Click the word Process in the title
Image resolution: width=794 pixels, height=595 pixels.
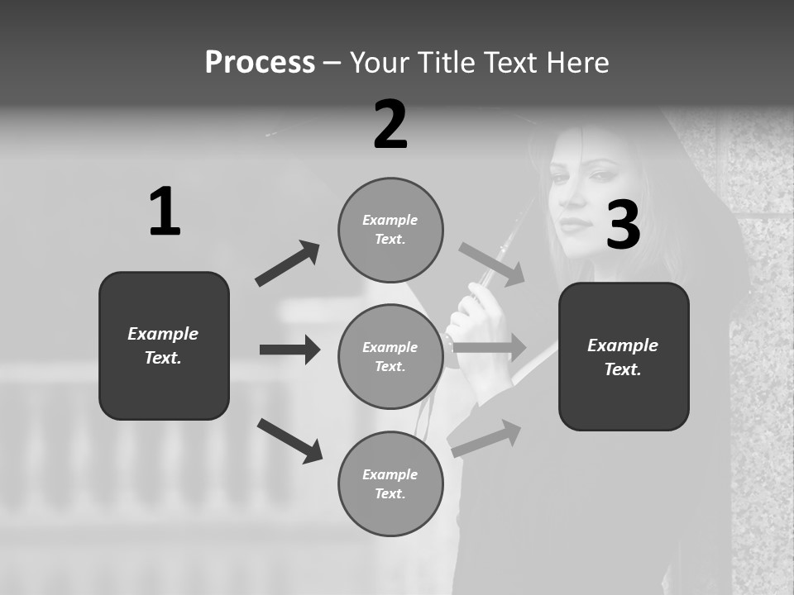pyautogui.click(x=260, y=63)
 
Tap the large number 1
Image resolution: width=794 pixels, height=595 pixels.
pyautogui.click(x=165, y=212)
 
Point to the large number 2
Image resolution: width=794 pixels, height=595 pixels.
pyautogui.click(x=390, y=125)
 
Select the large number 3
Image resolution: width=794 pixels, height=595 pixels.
pyautogui.click(x=623, y=226)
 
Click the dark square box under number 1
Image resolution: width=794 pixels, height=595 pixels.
pyautogui.click(x=164, y=345)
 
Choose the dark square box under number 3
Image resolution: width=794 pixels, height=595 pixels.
pyautogui.click(x=624, y=356)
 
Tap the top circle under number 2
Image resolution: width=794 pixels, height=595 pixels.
pyautogui.click(x=390, y=230)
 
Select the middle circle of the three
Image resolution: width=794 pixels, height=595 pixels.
pyautogui.click(x=390, y=356)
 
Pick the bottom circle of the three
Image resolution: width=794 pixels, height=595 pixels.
pyautogui.click(x=390, y=483)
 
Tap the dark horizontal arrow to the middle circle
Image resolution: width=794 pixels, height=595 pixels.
pyautogui.click(x=289, y=350)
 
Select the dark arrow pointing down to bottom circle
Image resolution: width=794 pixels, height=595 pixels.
pyautogui.click(x=289, y=440)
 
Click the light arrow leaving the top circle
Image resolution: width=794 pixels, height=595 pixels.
pyautogui.click(x=492, y=264)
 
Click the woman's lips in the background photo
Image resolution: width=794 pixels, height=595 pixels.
pyautogui.click(x=576, y=225)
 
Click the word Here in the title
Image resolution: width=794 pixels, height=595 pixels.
pyautogui.click(x=579, y=63)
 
